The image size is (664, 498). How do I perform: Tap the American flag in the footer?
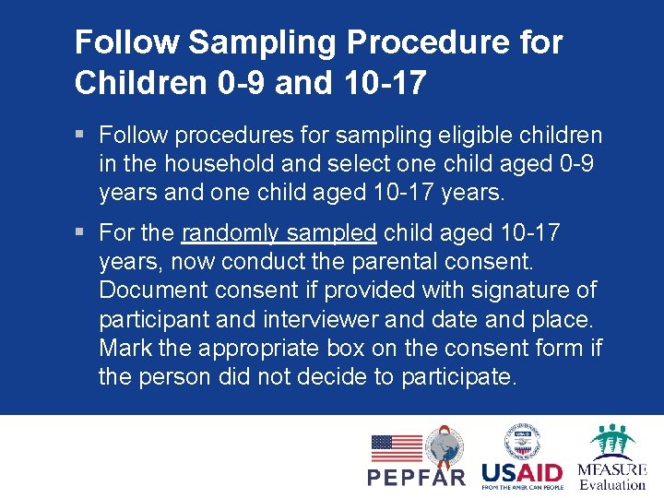[x=397, y=448]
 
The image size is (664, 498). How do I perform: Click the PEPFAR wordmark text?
[x=417, y=478]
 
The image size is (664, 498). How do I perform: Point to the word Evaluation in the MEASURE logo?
[x=612, y=484]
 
